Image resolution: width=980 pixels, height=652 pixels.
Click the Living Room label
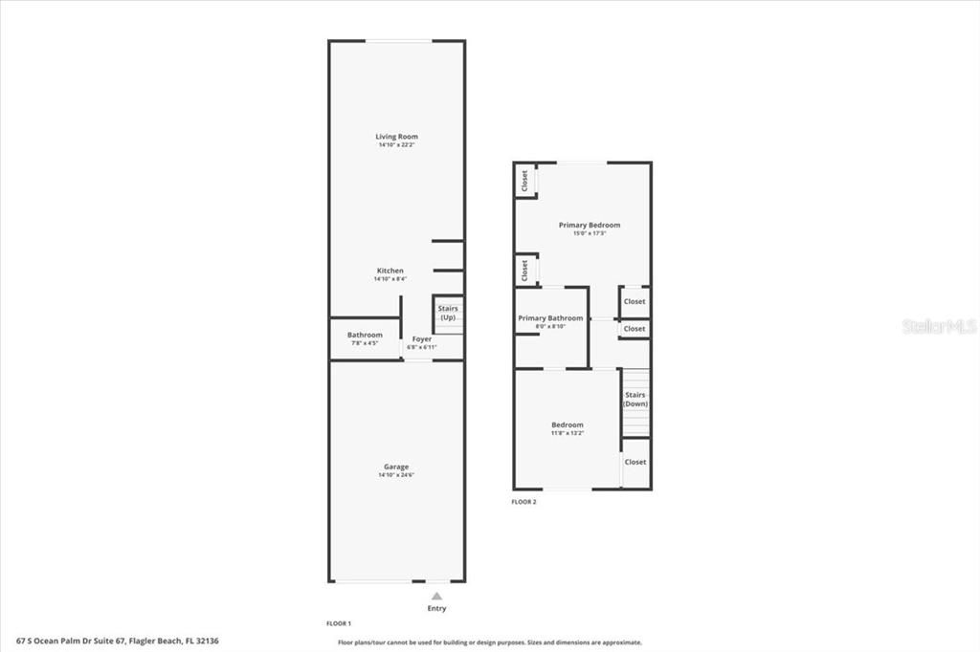pyautogui.click(x=396, y=137)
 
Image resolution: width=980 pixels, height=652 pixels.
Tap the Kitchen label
pyautogui.click(x=390, y=271)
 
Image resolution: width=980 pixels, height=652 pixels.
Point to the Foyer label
pyautogui.click(x=422, y=338)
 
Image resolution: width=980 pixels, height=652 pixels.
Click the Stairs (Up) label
pyautogui.click(x=448, y=313)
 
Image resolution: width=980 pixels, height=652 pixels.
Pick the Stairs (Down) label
pyautogui.click(x=635, y=399)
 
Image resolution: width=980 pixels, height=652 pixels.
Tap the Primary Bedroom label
pyautogui.click(x=590, y=225)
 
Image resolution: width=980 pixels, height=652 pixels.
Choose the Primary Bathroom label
pyautogui.click(x=550, y=317)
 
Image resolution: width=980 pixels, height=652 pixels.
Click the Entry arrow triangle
pyautogui.click(x=436, y=596)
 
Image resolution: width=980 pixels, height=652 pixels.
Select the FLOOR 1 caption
pyautogui.click(x=339, y=622)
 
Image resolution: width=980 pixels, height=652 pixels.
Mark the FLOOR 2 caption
pyautogui.click(x=523, y=501)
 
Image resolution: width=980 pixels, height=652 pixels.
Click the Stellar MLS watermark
pyautogui.click(x=938, y=326)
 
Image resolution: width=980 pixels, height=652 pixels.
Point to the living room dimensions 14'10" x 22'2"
pyautogui.click(x=396, y=145)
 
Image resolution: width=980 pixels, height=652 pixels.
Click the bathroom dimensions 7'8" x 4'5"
pyautogui.click(x=365, y=343)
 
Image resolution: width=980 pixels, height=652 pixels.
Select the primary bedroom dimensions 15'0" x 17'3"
pyautogui.click(x=590, y=233)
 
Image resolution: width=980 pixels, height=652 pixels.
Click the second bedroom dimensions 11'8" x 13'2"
pyautogui.click(x=567, y=433)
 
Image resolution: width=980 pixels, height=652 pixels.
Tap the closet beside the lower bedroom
pyautogui.click(x=635, y=462)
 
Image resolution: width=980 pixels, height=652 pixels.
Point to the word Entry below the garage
pyautogui.click(x=436, y=609)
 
